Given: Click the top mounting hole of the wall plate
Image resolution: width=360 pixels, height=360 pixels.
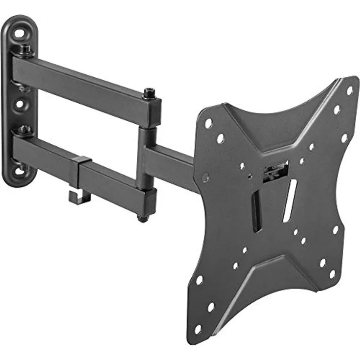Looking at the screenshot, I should [20, 34].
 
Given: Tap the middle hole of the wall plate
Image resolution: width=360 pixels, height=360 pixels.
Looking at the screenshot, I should [20, 104].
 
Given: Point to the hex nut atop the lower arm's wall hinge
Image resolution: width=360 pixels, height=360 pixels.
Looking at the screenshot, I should [23, 130].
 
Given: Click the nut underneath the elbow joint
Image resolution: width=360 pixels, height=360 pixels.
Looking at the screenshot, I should [143, 218].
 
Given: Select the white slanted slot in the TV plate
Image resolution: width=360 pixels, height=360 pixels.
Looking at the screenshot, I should [290, 201].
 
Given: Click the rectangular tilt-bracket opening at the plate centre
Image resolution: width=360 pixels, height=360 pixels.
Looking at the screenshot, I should [276, 172].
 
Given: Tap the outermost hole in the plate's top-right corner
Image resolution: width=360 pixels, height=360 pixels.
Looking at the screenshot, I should [350, 90].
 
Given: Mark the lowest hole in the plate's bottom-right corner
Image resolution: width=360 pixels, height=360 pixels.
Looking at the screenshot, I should [332, 274].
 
